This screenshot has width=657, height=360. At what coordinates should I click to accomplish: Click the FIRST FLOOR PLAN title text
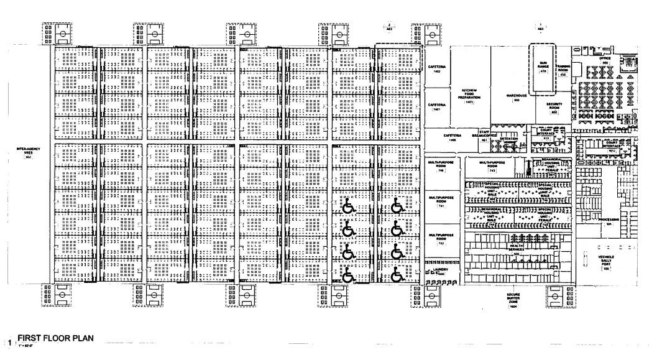pos(55,339)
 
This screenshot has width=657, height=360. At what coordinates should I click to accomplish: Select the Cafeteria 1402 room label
pos(433,68)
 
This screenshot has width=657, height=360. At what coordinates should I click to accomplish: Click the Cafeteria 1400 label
pos(453,138)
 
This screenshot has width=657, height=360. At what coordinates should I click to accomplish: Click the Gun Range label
pos(543,67)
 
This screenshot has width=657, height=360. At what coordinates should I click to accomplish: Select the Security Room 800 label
pos(554,108)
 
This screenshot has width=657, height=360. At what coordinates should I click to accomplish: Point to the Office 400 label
pos(605,60)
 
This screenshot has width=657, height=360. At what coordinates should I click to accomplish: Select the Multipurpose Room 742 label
pos(441,238)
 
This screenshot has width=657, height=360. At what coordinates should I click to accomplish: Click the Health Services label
pos(516,248)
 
